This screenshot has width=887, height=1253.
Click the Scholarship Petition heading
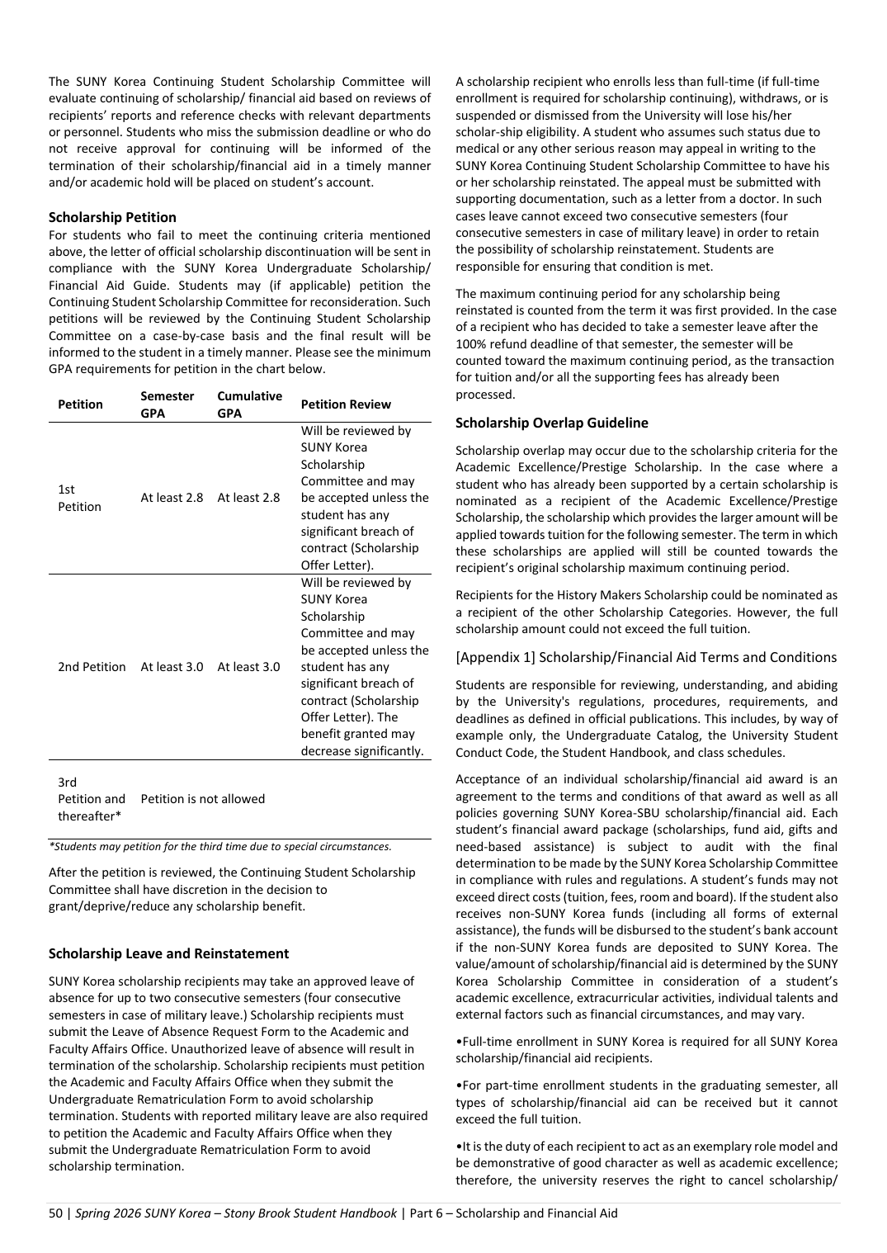point(112,217)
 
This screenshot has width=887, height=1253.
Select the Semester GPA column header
point(167,404)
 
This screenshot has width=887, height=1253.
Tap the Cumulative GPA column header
point(249,404)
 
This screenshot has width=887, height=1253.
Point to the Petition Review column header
point(346,404)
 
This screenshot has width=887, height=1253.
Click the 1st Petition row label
point(79,498)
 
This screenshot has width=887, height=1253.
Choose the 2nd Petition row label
point(92,667)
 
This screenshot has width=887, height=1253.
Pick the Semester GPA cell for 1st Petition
point(172,498)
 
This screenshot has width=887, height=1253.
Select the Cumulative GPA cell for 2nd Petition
point(248,667)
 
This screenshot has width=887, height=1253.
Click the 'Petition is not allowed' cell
point(203,799)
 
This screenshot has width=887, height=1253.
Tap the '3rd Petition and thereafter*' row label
point(91,799)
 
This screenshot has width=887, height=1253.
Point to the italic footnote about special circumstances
point(220,846)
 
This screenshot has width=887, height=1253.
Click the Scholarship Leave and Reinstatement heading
point(168,953)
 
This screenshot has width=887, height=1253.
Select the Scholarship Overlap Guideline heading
point(551,423)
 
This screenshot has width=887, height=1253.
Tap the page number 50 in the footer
point(55,1213)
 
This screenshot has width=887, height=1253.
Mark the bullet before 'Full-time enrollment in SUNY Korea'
point(458,1042)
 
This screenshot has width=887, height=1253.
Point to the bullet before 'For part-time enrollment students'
point(458,1086)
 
